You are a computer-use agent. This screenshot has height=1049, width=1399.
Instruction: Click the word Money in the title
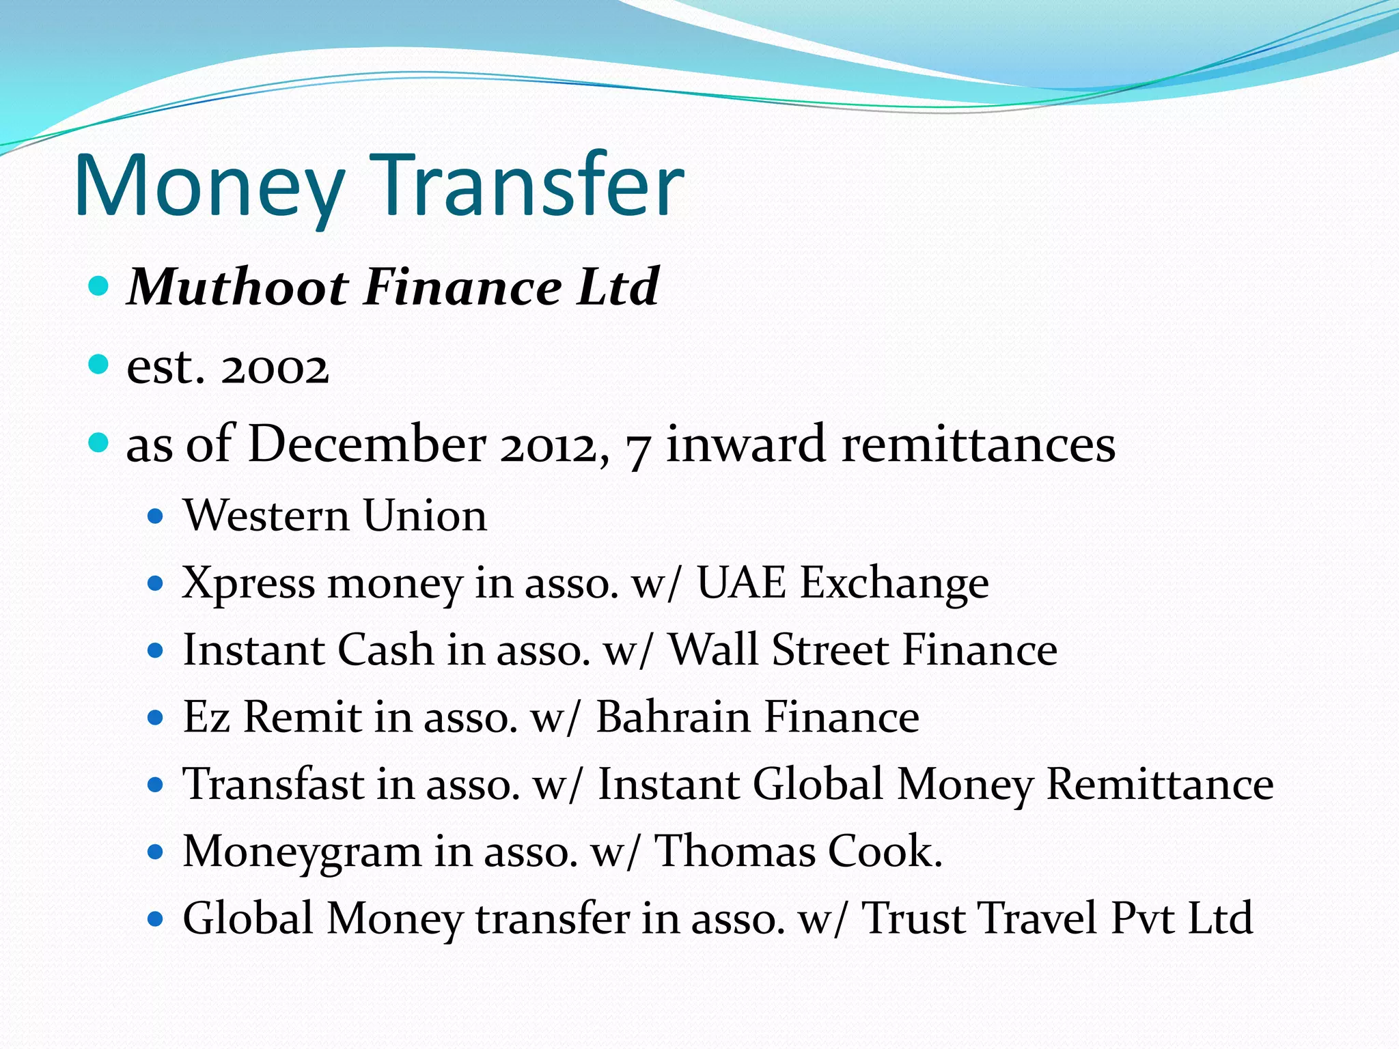pos(209,186)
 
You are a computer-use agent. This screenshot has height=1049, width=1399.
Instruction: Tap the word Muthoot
pos(238,287)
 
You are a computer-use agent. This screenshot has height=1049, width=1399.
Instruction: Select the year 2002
pos(275,369)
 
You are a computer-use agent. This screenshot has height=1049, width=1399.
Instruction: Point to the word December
pos(367,444)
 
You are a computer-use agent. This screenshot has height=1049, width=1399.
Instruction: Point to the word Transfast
pos(273,783)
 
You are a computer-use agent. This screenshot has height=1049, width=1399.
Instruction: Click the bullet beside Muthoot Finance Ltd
pos(99,285)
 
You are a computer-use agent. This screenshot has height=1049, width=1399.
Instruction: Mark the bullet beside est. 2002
pos(99,364)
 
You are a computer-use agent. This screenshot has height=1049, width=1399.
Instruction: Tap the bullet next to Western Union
pos(156,516)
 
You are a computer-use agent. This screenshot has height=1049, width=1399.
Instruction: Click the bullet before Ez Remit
pos(156,718)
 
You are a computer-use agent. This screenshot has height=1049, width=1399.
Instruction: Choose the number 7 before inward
pos(637,447)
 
